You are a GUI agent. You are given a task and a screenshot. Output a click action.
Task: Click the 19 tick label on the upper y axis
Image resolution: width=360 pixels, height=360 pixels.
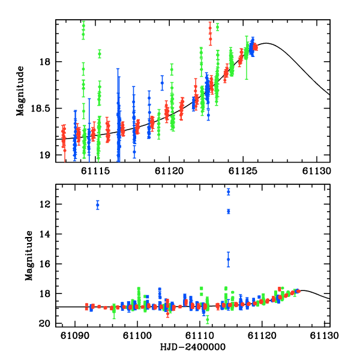point(47,155)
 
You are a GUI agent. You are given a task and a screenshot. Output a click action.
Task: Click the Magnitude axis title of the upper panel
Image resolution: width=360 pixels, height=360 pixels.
point(22,91)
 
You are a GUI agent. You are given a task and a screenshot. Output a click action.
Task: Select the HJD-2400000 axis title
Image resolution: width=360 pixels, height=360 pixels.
point(193,347)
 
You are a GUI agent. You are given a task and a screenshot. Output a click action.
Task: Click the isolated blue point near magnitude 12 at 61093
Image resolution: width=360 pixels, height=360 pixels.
point(98,205)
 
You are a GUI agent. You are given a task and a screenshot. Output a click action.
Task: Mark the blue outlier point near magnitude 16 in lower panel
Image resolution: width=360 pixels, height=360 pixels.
point(229,259)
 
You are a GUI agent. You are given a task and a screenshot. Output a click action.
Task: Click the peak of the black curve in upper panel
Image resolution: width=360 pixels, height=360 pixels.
point(266,43)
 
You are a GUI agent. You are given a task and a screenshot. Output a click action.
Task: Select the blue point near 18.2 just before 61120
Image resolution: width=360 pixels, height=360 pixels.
point(162,83)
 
